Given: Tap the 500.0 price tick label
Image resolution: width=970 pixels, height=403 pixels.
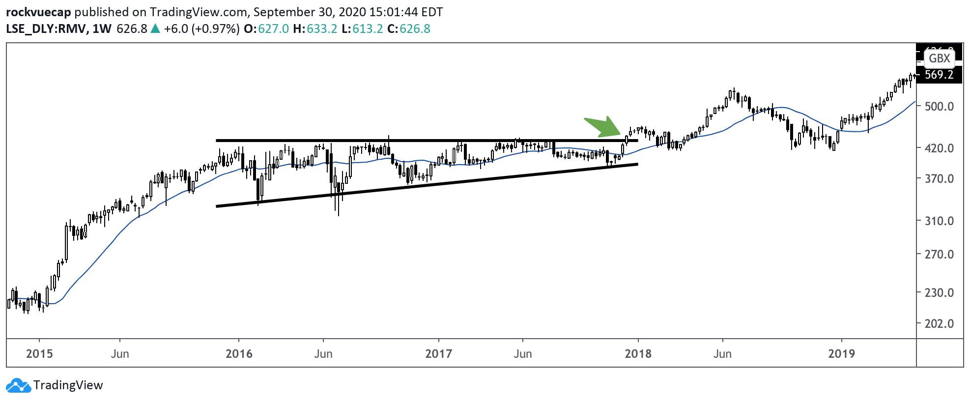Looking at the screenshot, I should pos(939,106).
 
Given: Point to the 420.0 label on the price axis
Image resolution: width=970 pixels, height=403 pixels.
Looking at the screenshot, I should pos(939,148).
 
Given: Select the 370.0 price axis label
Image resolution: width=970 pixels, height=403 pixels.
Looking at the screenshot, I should pos(939,179).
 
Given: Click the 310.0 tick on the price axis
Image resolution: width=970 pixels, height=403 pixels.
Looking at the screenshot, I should pos(939,221).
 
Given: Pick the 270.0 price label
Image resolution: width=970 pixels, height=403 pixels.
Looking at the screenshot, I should pos(939,255).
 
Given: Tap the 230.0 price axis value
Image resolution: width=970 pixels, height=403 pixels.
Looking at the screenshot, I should pos(939,293).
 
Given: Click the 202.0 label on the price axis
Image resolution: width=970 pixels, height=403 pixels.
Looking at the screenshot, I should pos(939,324).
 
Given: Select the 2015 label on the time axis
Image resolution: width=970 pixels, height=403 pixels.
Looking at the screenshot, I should pos(39,353).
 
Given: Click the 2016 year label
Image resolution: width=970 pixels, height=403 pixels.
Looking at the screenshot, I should pos(239,353).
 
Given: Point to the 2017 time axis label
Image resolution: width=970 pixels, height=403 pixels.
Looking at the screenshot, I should pos(438,353).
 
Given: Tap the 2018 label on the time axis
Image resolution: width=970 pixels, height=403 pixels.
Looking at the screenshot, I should pos(638,353).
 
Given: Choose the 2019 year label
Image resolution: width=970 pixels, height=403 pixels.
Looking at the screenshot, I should pos(841,353).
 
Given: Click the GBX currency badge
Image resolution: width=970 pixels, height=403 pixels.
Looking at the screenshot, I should pos(939,58).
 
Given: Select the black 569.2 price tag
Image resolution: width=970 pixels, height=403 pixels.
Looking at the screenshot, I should pos(939,75).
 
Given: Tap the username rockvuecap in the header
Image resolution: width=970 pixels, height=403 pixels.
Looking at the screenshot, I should pos(38,12).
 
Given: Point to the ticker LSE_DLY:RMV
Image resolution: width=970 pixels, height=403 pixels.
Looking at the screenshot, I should pos(46,29).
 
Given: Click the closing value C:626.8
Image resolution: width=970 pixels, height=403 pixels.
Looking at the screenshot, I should pos(409,29).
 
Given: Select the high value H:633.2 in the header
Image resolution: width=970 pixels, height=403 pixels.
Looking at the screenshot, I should pos(315,29).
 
